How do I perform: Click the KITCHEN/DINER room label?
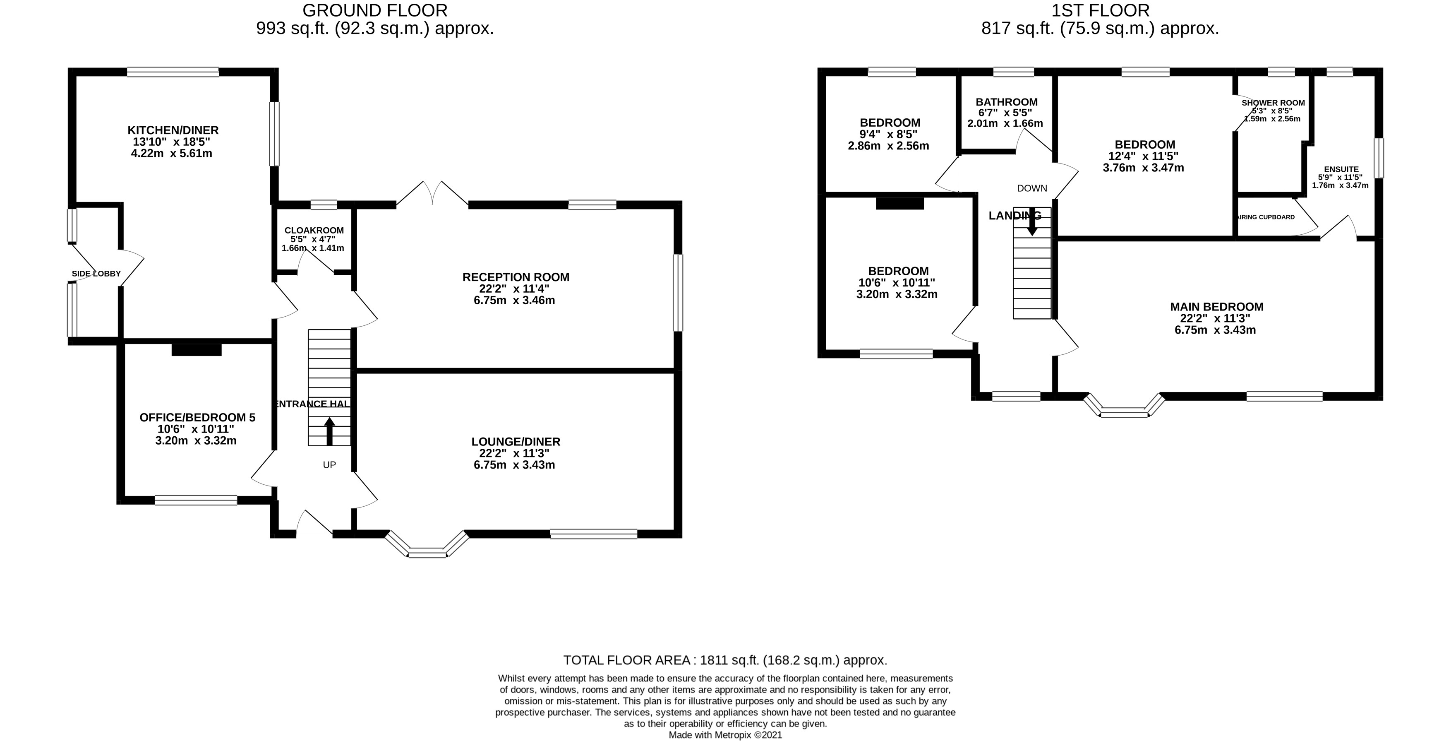[173, 130]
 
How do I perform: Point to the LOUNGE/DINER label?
[516, 442]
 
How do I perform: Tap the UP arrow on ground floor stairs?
[329, 431]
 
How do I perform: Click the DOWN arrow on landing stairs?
[1032, 221]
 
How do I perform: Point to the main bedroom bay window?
[1124, 409]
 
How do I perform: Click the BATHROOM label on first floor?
[1007, 102]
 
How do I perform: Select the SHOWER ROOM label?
[1273, 103]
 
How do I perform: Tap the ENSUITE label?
[1341, 169]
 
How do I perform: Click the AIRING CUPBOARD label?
[1266, 217]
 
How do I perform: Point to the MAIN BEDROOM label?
[1217, 307]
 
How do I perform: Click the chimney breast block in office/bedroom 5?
[196, 350]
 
